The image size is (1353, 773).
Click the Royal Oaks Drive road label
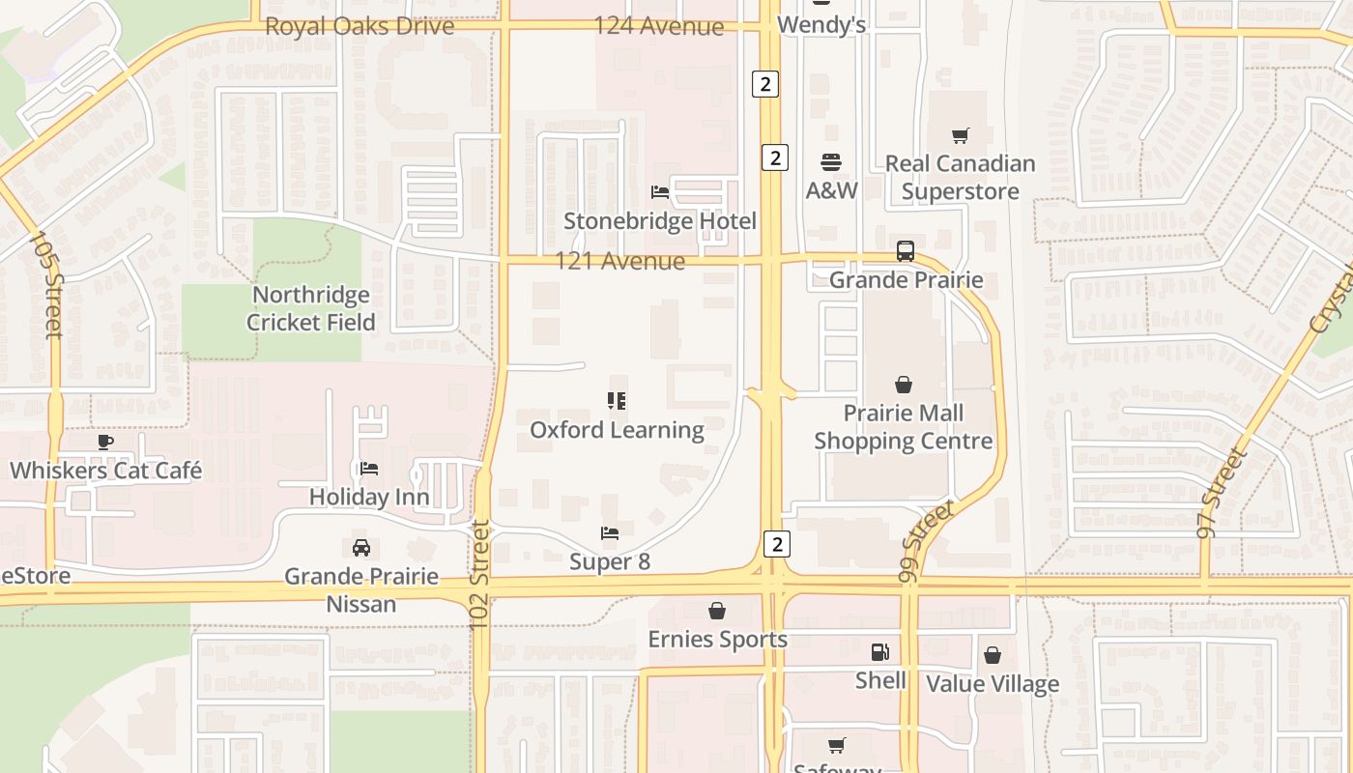360,26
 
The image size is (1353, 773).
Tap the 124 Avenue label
658,26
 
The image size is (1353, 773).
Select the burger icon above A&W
831,161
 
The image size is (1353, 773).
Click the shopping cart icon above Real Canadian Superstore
960,136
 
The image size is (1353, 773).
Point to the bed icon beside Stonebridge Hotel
660,192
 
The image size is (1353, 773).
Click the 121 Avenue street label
619,261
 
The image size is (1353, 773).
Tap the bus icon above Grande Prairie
906,251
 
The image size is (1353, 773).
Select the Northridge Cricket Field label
310,308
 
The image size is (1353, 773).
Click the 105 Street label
46,284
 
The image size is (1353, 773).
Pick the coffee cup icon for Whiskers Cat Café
105,443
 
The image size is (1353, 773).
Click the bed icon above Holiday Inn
368,469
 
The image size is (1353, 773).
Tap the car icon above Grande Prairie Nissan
360,548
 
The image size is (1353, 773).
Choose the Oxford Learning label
617,430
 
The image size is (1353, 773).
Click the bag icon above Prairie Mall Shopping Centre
903,385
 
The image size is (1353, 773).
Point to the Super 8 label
610,561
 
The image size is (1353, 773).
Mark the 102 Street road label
480,577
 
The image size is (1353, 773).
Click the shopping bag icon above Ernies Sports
717,611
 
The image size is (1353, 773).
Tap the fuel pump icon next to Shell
879,652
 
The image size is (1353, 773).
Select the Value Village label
993,684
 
